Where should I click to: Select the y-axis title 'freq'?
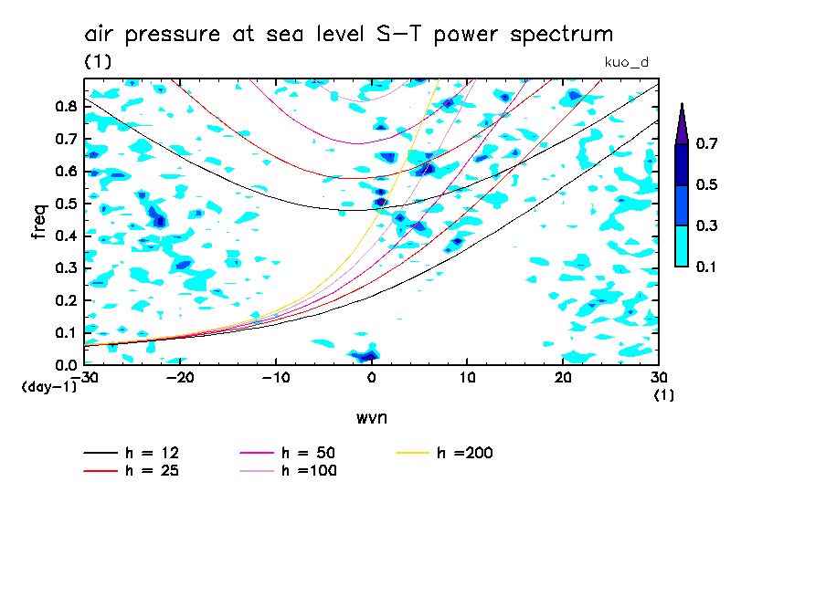(x=38, y=221)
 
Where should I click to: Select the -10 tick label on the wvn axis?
(x=275, y=378)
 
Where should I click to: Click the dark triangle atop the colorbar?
(x=681, y=123)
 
